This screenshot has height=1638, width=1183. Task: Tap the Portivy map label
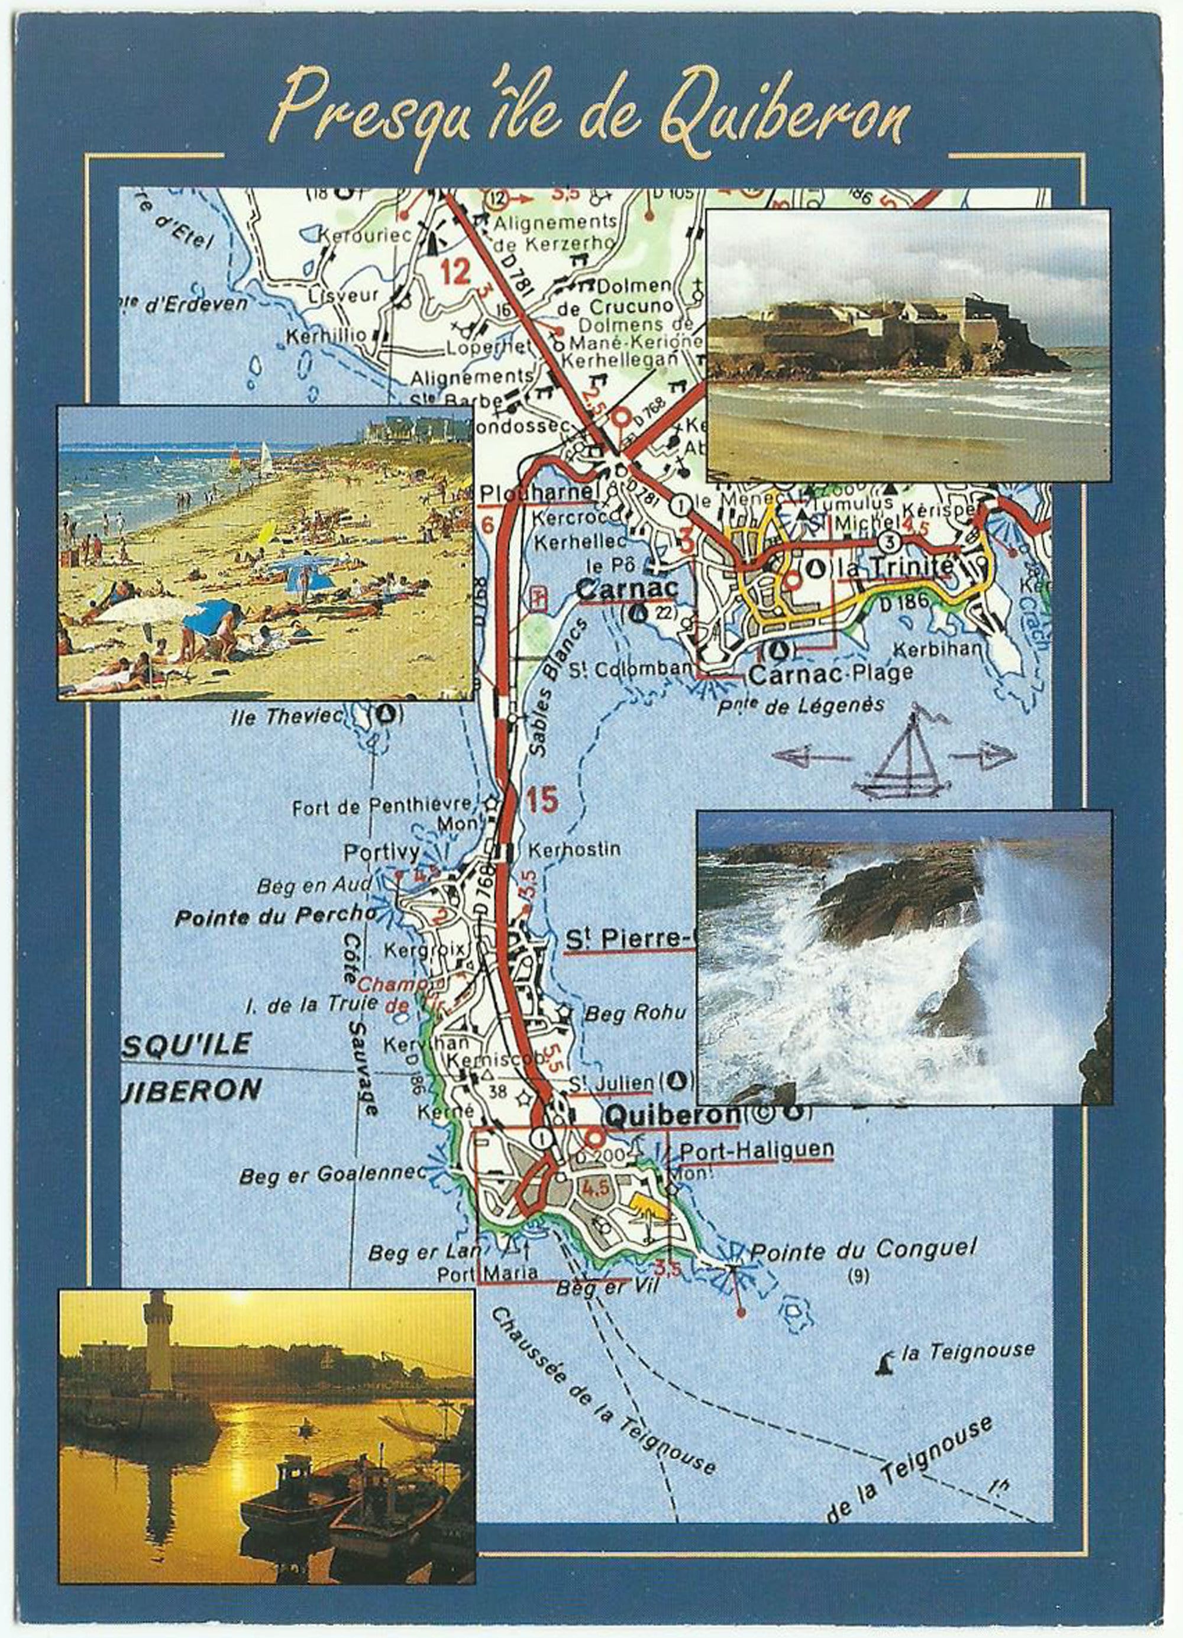pos(382,853)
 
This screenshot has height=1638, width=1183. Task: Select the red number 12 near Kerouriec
pos(455,272)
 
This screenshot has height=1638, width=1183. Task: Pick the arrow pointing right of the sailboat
pos(982,756)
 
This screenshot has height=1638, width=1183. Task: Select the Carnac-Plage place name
pos(831,675)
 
